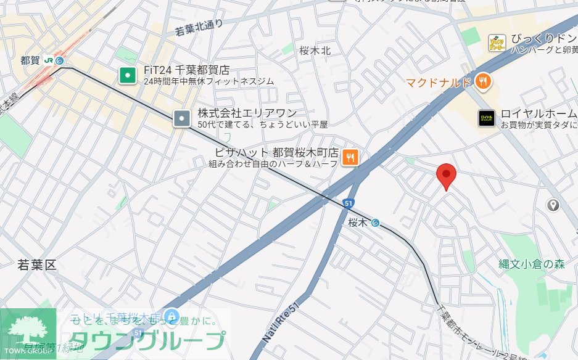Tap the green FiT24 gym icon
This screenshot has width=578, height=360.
(127, 76)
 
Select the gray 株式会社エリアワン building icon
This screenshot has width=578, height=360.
(182, 118)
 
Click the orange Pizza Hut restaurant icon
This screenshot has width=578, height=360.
(350, 158)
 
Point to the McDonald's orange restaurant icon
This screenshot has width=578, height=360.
(483, 81)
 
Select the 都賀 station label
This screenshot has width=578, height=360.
(30, 60)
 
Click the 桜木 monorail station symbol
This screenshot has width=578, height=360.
(375, 223)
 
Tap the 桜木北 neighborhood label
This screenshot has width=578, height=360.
(315, 51)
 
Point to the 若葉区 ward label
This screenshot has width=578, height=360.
(36, 266)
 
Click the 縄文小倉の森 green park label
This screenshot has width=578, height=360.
(532, 264)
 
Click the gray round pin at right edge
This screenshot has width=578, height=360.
(553, 205)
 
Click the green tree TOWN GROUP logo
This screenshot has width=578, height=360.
(28, 333)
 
